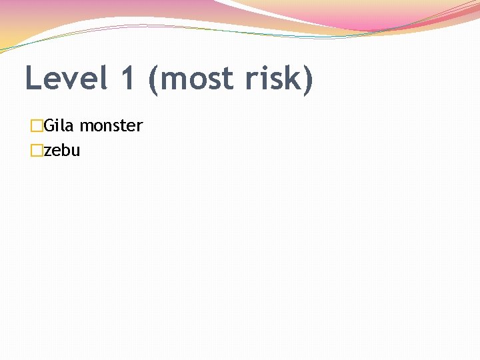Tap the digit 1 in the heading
click(x=129, y=79)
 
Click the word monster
click(x=111, y=126)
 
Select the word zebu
click(x=62, y=151)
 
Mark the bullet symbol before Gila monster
click(x=37, y=125)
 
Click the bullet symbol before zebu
click(x=37, y=151)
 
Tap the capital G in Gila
click(x=49, y=125)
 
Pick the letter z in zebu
click(x=48, y=152)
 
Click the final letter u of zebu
click(x=76, y=152)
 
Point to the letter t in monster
click(x=121, y=126)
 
